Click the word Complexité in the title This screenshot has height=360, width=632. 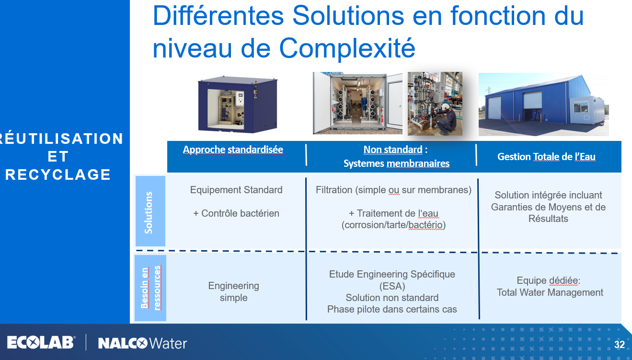pos(347,48)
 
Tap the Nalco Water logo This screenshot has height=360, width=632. pos(142,343)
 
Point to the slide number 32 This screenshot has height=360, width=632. pos(620,345)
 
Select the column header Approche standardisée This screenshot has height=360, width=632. pos(233,150)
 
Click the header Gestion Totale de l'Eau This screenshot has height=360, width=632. pos(546,157)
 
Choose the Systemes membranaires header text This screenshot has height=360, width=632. pos(396,163)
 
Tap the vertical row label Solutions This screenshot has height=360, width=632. pos(149,213)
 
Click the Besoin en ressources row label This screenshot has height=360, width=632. pos(150,288)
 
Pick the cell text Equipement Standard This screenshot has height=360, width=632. pos(236,190)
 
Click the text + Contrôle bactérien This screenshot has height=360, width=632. pos(236,213)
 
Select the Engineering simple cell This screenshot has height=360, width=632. pos(234,291)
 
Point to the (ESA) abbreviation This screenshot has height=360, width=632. pos(392,286)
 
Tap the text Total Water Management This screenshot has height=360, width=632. pos(550,292)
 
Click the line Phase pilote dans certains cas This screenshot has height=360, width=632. pos(392,309)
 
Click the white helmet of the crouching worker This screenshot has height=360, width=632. pos(445,107)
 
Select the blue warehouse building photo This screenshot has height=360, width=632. pos(544,104)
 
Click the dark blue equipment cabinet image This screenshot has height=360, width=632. pos(238,104)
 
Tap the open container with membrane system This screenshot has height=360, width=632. pos(357,103)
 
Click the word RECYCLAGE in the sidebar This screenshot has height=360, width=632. pos(58,174)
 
